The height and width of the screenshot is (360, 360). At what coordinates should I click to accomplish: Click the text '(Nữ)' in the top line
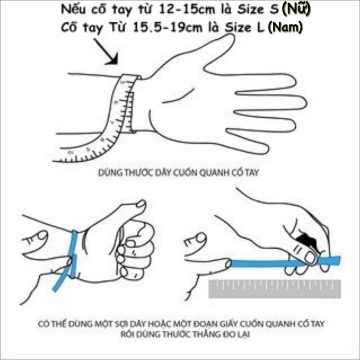[x=296, y=10]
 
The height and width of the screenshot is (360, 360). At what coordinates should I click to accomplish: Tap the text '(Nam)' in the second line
[x=285, y=28]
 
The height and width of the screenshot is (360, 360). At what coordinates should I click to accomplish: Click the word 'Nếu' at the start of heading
[x=72, y=11]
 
